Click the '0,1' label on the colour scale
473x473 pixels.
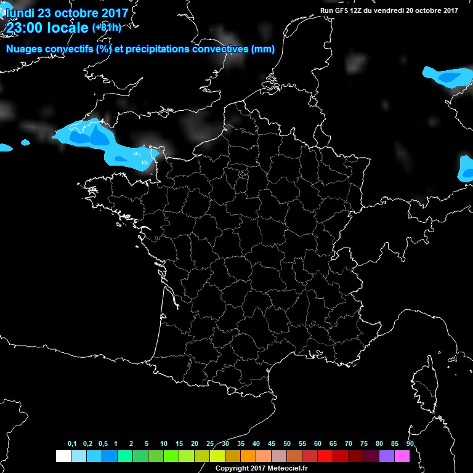pyautogui.click(x=72, y=444)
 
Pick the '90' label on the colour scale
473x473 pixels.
pyautogui.click(x=410, y=444)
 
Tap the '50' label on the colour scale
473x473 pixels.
pyautogui.click(x=286, y=444)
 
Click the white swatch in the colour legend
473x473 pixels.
pyautogui.click(x=63, y=456)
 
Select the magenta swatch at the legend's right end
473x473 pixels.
pyautogui.click(x=402, y=456)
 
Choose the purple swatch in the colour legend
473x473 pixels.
pyautogui.click(x=387, y=456)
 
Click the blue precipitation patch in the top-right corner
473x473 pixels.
pyautogui.click(x=446, y=76)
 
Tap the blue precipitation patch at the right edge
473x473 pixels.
pyautogui.click(x=466, y=168)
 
